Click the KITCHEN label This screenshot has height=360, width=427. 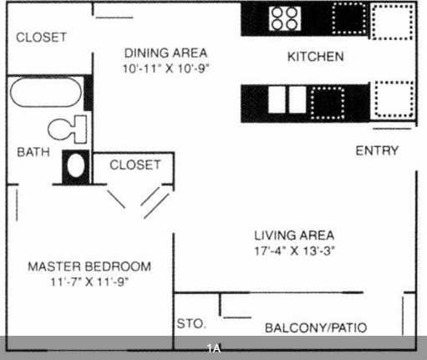tap(315, 58)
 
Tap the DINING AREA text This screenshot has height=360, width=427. tap(165, 52)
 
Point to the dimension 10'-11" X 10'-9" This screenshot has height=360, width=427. tap(165, 68)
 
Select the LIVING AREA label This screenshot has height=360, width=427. tap(294, 235)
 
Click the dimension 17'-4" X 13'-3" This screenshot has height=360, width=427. tap(294, 251)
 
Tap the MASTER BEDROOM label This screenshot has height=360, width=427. tap(89, 266)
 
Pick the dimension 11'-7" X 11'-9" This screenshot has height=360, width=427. tap(89, 281)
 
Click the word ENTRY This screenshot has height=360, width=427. tap(377, 151)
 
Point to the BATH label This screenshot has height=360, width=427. tap(33, 153)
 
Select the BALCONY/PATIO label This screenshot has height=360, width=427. tap(315, 328)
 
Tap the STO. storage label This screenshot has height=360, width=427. tap(191, 324)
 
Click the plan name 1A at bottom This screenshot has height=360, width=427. tap(214, 347)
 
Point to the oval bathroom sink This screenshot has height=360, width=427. tap(75, 165)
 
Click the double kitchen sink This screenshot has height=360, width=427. tap(286, 99)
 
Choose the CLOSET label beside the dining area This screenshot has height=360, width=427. tap(42, 38)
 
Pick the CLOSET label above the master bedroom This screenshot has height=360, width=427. tap(134, 165)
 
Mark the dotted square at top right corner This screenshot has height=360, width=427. tap(393, 21)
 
